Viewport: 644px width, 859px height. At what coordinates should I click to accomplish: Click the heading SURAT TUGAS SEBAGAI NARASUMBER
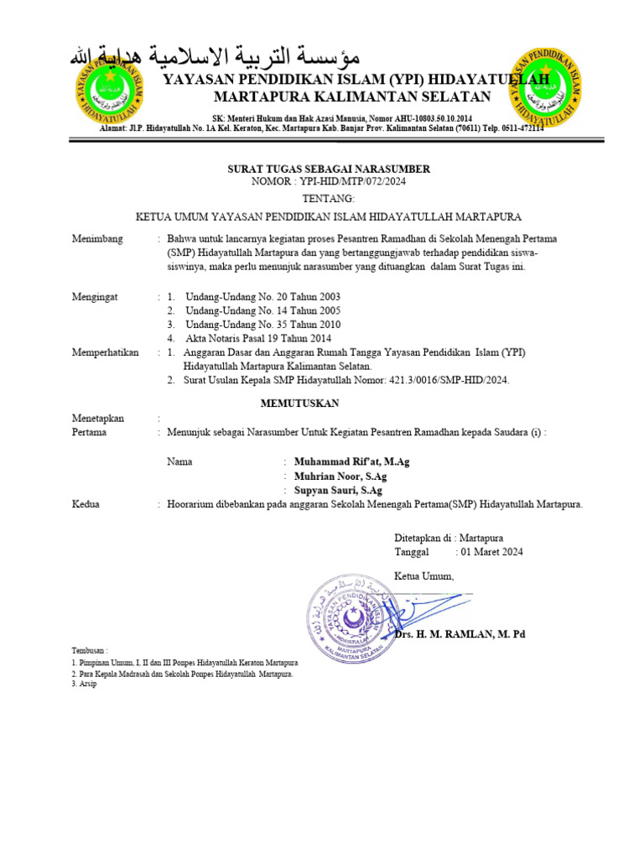pyautogui.click(x=330, y=169)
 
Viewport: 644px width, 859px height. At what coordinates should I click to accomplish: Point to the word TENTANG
pyautogui.click(x=330, y=199)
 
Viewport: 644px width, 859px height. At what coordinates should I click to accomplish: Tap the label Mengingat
pyautogui.click(x=96, y=297)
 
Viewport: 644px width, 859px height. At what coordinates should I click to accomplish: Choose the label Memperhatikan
pyautogui.click(x=106, y=352)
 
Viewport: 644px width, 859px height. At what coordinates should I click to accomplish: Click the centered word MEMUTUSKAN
pyautogui.click(x=299, y=403)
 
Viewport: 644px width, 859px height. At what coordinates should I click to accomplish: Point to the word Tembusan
pyautogui.click(x=90, y=651)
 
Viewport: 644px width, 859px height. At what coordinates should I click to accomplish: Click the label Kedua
pyautogui.click(x=86, y=504)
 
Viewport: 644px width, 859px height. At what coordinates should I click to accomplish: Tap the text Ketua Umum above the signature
pyautogui.click(x=423, y=575)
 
